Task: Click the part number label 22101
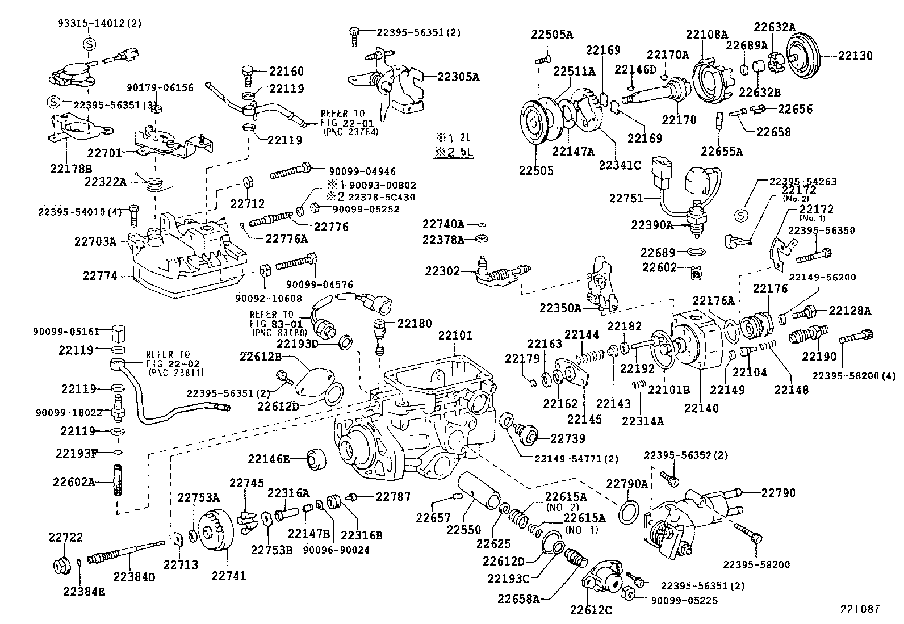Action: [455, 336]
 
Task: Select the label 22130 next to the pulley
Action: [856, 56]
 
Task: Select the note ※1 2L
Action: [454, 138]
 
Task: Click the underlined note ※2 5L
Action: [454, 152]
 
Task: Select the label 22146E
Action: [269, 458]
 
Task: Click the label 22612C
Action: [591, 610]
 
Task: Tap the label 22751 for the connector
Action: [626, 198]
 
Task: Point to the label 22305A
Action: [458, 77]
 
